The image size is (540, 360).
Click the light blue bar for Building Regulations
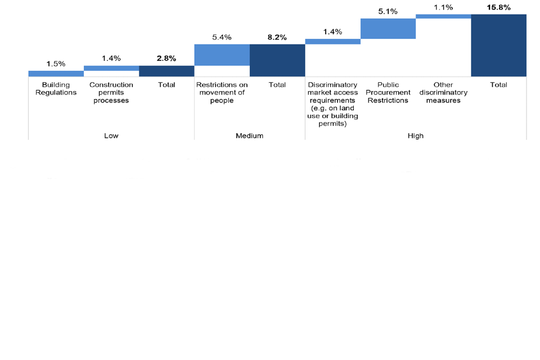coord(56,73)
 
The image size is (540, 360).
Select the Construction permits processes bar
coord(111,68)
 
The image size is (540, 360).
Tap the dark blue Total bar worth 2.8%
coord(166,71)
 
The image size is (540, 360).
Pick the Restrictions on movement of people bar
coord(222,55)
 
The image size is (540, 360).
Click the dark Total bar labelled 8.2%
coord(277,60)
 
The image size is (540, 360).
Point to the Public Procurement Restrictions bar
coord(388,29)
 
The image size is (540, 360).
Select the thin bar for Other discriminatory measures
coord(443,16)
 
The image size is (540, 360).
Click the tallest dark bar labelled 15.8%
coord(498,45)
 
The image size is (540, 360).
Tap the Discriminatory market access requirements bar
coord(332,42)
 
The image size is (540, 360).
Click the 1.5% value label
coord(56,64)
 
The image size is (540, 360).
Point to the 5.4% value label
coord(222,37)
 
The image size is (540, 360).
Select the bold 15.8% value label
coord(498,7)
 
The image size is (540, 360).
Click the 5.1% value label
coord(388,11)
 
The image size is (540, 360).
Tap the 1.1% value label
coord(443,7)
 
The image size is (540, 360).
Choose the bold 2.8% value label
coord(166,58)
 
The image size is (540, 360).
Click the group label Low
coord(111,136)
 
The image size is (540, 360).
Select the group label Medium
coord(250,136)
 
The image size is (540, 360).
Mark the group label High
coord(416,136)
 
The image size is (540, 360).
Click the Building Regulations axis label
coord(56,88)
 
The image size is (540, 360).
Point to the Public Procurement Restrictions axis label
coord(388,92)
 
